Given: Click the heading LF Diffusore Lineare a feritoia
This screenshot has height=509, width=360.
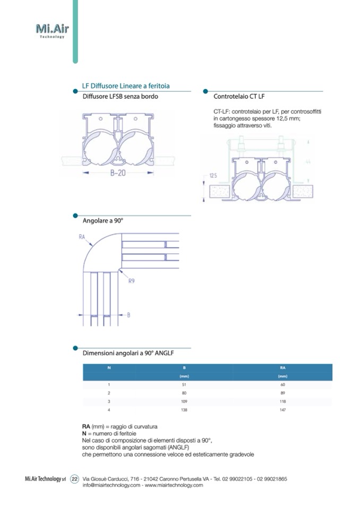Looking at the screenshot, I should (x=126, y=86).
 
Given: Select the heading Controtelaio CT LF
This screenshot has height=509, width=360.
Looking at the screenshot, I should (x=239, y=97).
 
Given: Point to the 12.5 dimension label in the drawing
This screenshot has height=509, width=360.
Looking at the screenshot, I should (x=213, y=175).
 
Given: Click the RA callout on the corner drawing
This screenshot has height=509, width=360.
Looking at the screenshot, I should (x=82, y=237).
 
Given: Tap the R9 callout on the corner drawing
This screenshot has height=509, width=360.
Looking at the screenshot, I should (x=131, y=282).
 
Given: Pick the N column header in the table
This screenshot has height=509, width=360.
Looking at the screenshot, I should (x=109, y=367).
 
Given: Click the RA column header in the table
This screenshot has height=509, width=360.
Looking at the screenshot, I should (x=282, y=367).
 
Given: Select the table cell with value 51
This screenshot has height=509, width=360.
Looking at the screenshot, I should (x=184, y=384).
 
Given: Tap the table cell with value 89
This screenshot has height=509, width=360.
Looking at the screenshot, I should (x=282, y=393).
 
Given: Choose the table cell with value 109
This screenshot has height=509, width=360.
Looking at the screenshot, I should (x=184, y=401).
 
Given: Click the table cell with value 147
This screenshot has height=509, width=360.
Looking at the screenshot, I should (x=282, y=410).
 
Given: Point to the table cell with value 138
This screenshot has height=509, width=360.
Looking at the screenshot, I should (x=184, y=410).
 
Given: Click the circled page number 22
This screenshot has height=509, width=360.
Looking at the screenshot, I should (x=75, y=479).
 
